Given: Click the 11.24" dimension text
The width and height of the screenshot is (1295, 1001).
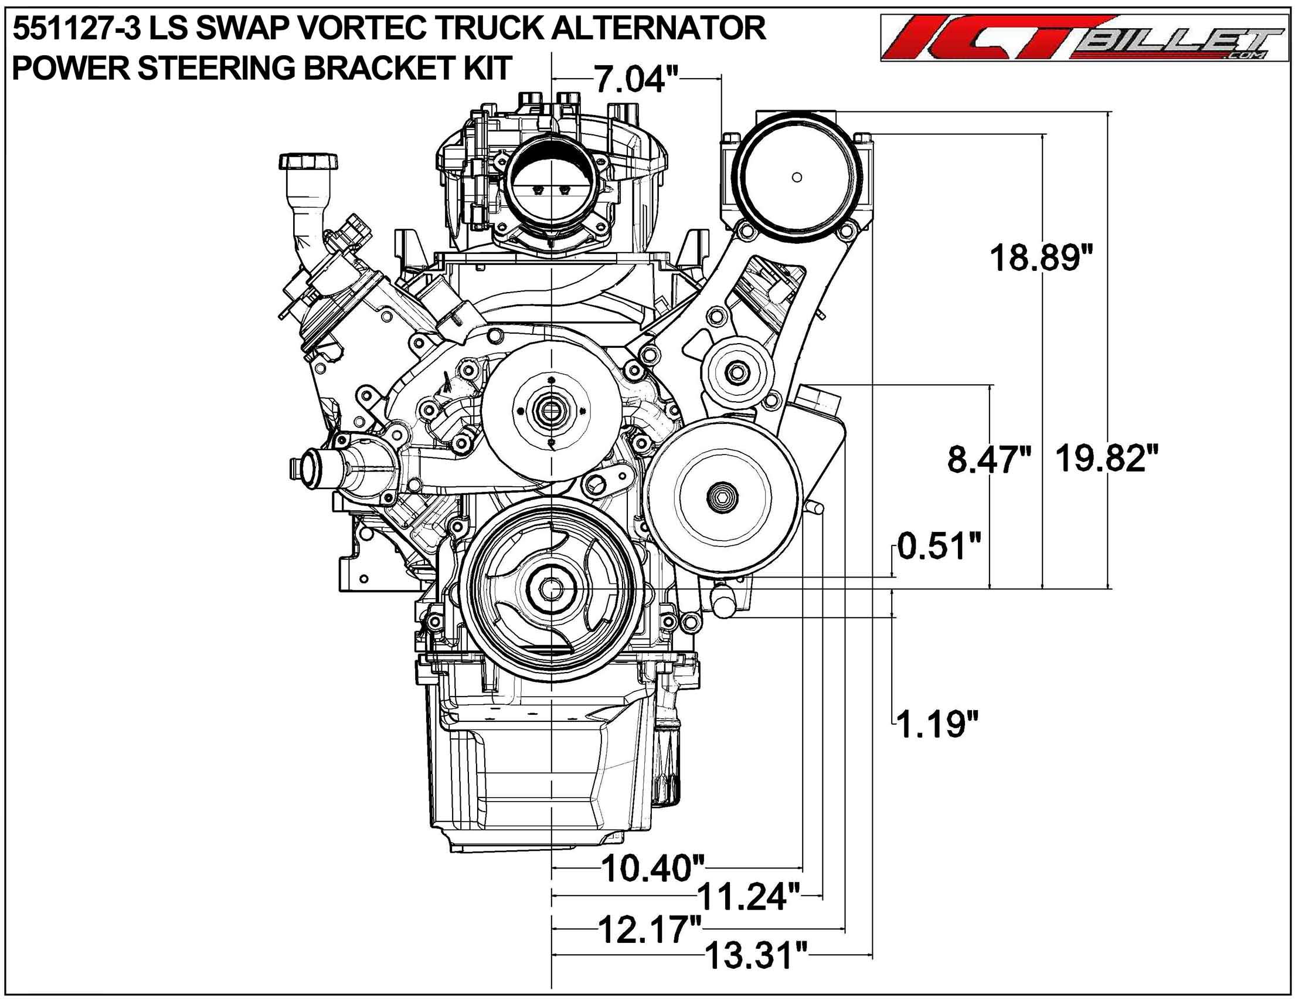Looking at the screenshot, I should (749, 897).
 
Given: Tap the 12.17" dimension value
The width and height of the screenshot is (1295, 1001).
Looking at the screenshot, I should (651, 929).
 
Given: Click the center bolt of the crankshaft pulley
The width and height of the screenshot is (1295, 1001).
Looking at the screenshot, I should (552, 589).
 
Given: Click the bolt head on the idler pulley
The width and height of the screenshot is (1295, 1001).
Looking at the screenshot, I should (736, 372).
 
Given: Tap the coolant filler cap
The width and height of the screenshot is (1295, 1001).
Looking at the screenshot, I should (308, 161).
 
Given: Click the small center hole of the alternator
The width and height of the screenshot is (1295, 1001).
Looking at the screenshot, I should (797, 177).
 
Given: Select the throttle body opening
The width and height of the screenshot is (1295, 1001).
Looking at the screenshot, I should (552, 189).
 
